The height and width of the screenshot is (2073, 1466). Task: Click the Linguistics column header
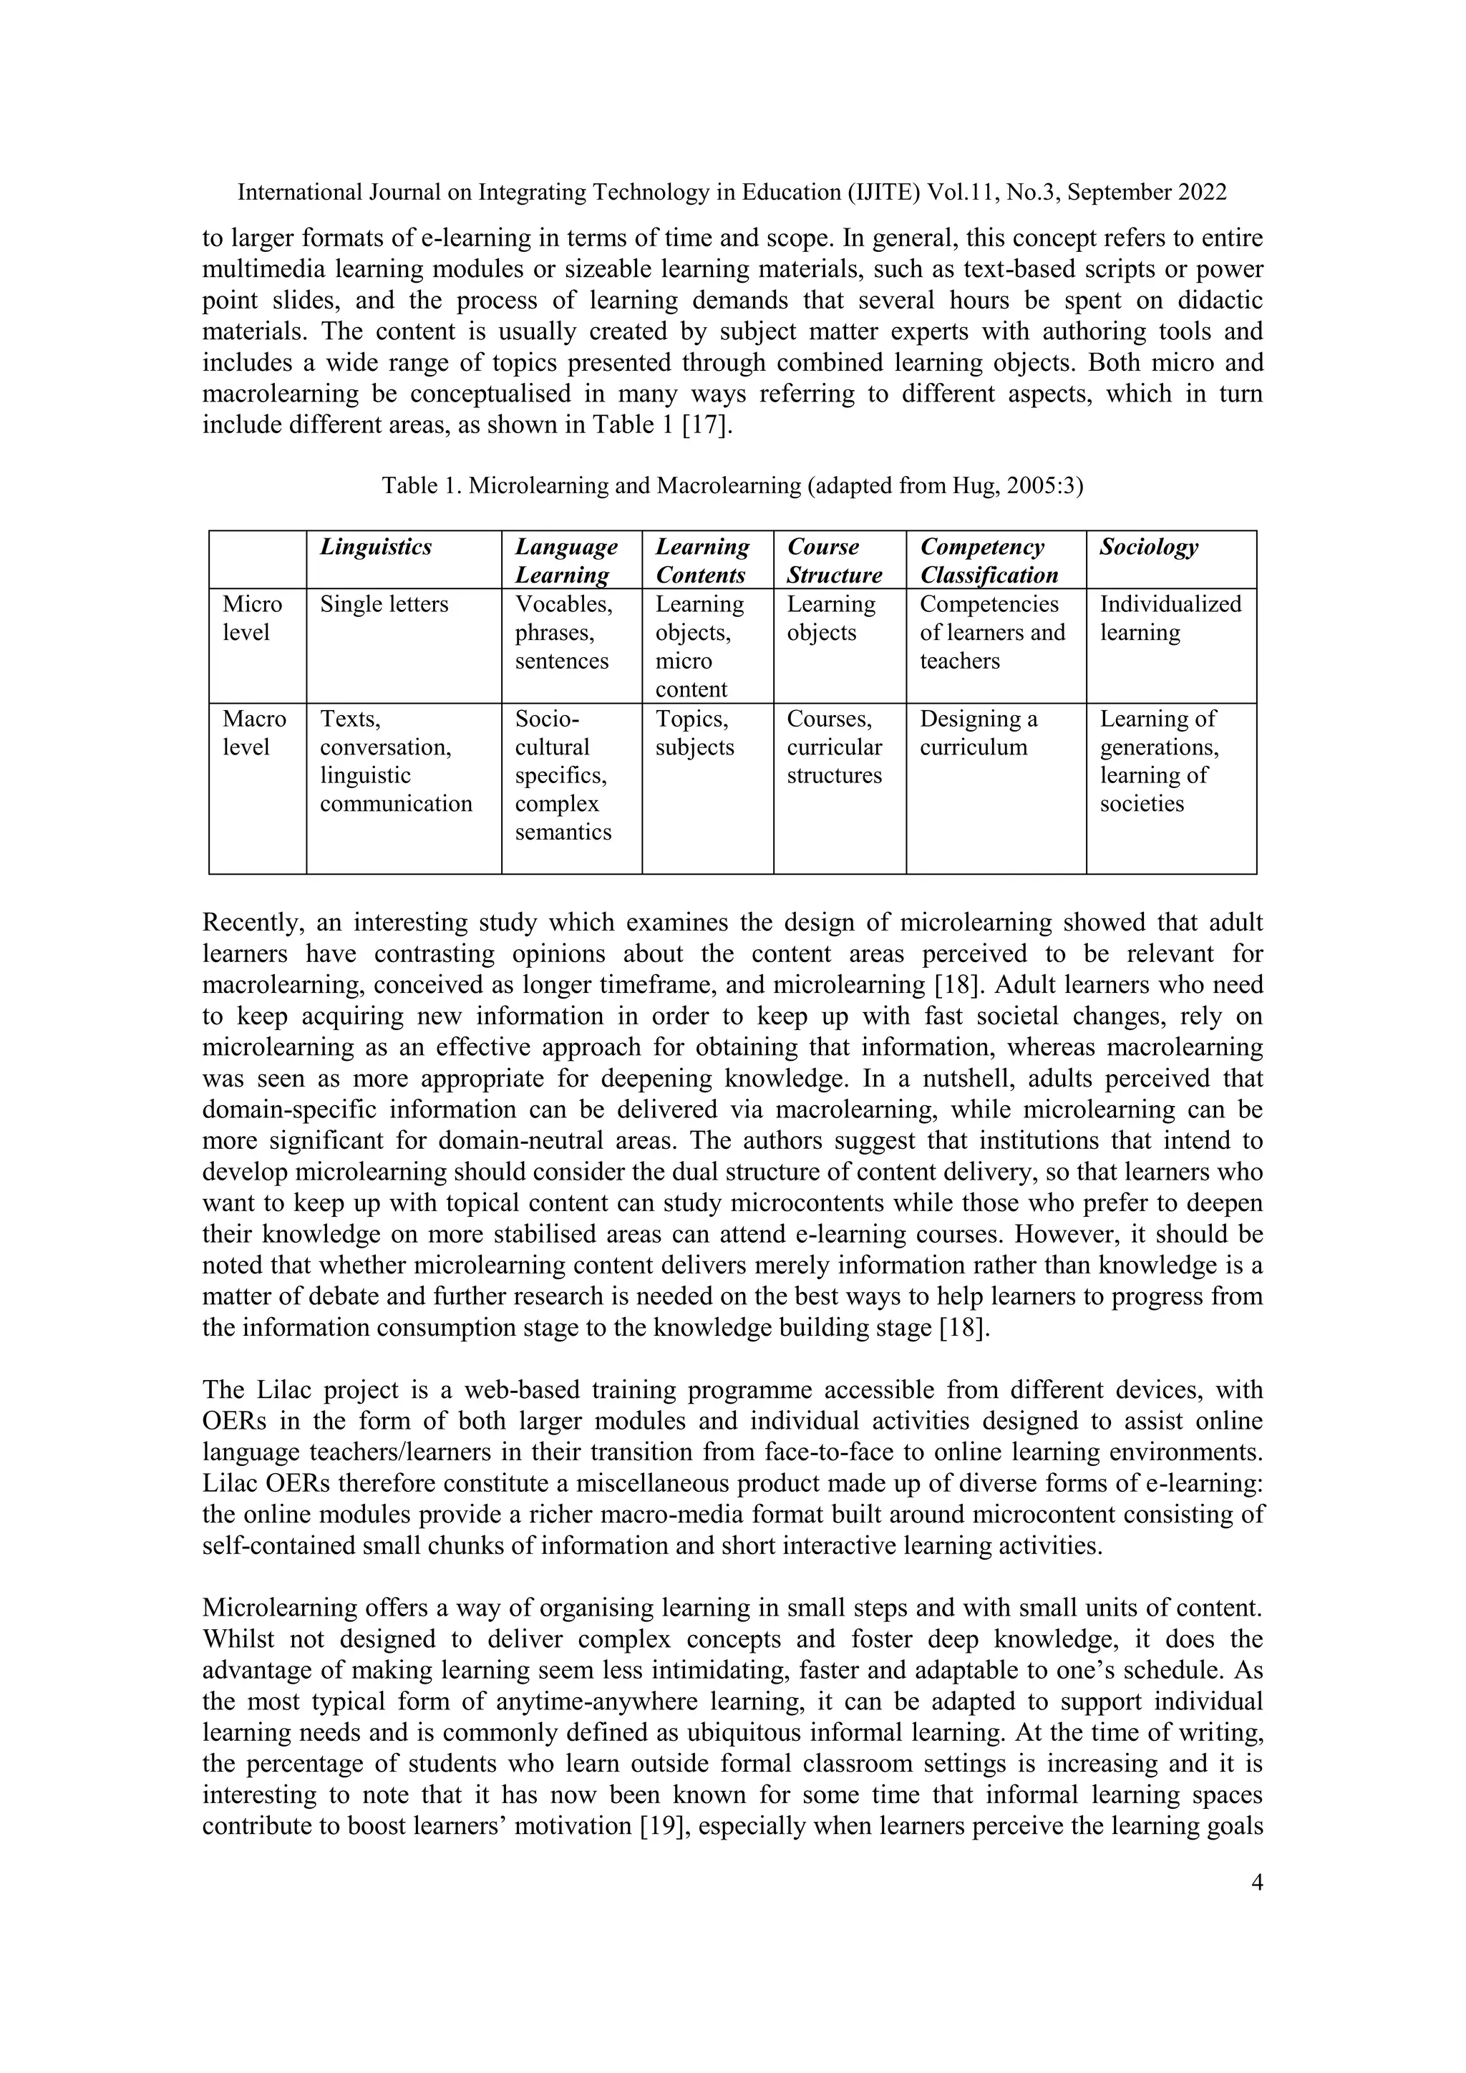[x=376, y=547]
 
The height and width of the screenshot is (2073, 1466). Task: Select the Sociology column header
[x=1148, y=547]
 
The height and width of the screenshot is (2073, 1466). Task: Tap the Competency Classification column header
[x=989, y=560]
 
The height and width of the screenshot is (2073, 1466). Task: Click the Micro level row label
[x=252, y=618]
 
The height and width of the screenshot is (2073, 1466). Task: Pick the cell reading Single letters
[x=384, y=604]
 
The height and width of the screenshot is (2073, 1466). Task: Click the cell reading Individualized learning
[x=1169, y=618]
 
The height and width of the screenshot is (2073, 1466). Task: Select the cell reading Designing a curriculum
[x=978, y=733]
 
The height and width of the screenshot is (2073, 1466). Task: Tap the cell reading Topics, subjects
[x=694, y=733]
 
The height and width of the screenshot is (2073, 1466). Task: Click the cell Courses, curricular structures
[x=833, y=747]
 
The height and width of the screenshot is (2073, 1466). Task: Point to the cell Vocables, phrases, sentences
[x=563, y=632]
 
